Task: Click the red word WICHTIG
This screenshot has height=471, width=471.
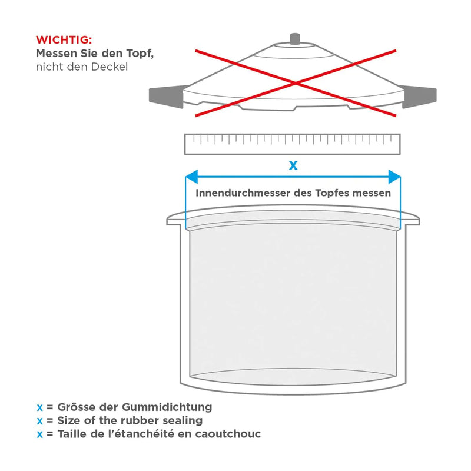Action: [64, 40]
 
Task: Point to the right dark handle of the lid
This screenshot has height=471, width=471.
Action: [419, 97]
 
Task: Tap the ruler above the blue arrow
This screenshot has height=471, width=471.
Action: [293, 144]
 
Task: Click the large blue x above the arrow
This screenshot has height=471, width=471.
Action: [293, 165]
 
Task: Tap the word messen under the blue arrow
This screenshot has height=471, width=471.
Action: [372, 193]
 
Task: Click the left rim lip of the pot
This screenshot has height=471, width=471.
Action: [175, 221]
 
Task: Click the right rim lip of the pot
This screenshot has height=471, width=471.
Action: [412, 221]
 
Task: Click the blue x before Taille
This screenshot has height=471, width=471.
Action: [39, 434]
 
